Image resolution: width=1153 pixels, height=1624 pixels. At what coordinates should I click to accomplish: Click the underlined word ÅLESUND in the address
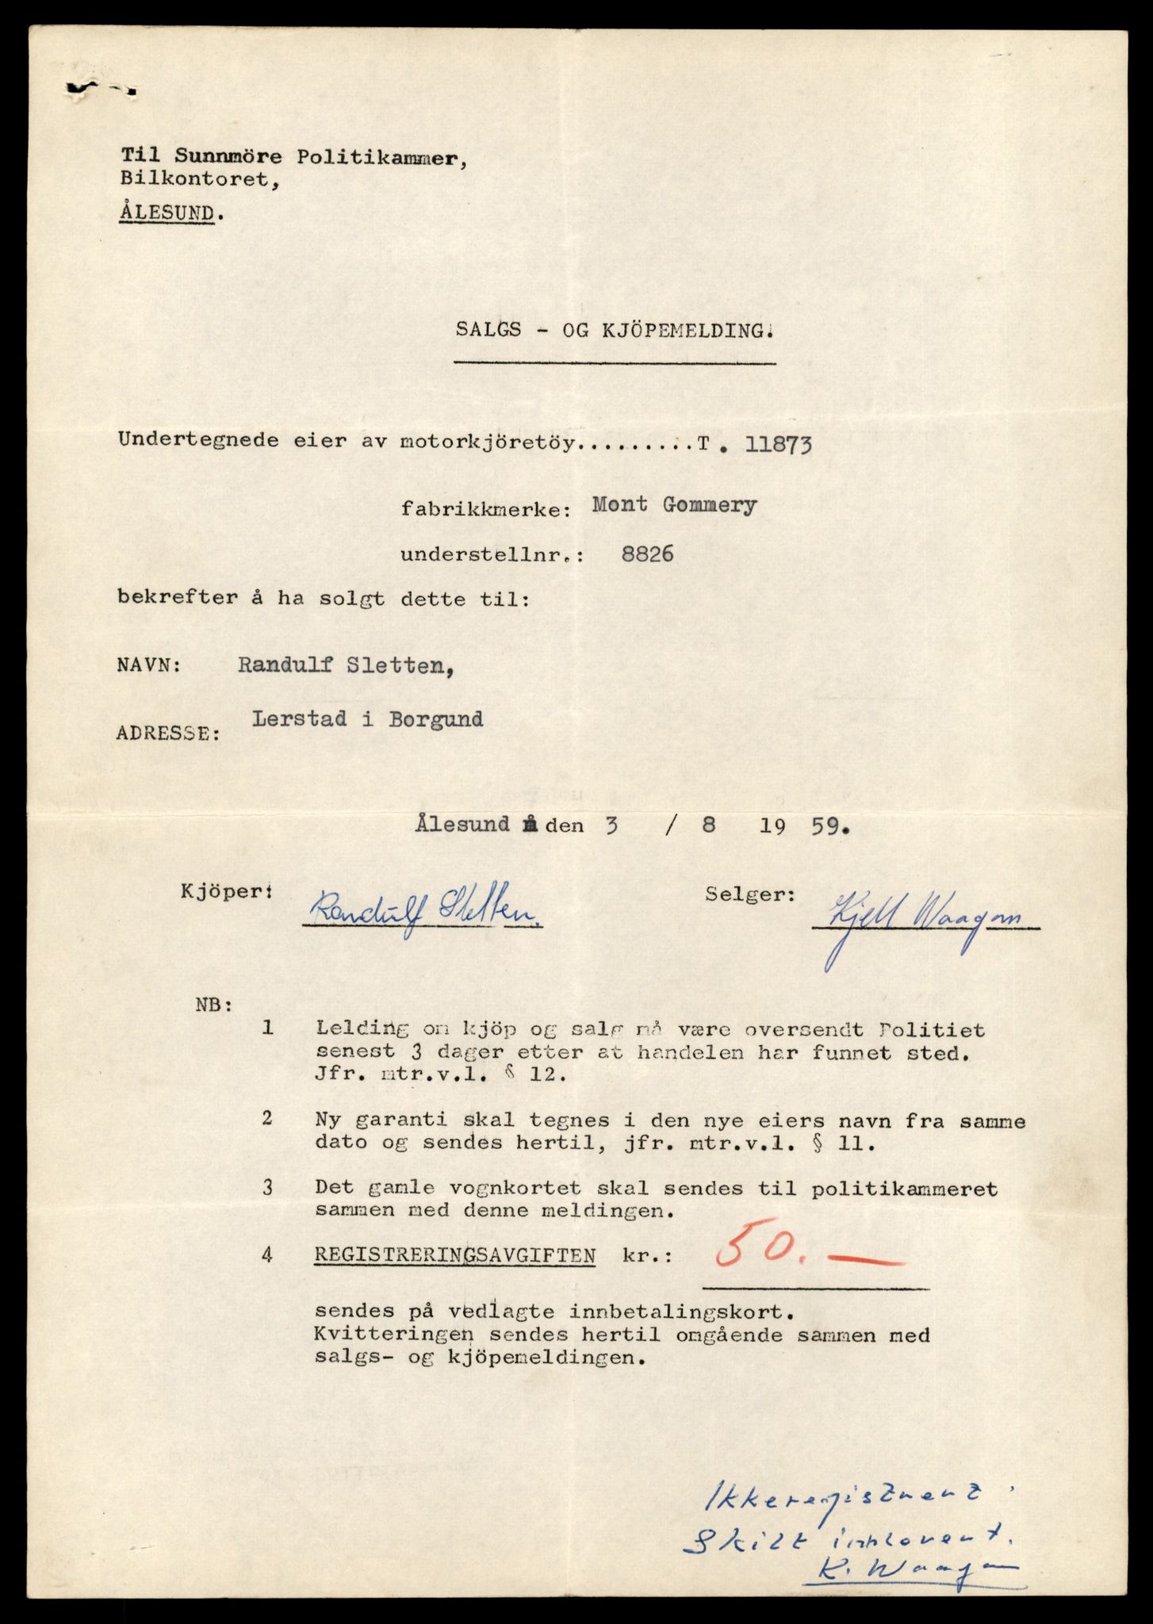(x=167, y=213)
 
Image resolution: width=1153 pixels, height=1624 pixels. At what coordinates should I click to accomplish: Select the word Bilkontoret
(x=198, y=181)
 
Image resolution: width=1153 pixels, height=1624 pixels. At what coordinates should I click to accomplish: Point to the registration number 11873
(x=779, y=445)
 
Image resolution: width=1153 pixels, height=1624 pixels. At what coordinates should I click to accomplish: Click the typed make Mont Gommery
(x=674, y=505)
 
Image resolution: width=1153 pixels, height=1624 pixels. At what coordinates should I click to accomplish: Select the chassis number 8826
(x=648, y=553)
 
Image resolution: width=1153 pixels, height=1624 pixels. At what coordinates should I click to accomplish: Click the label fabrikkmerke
(x=486, y=510)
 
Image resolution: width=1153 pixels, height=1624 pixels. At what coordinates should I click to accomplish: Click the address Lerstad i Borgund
(x=368, y=719)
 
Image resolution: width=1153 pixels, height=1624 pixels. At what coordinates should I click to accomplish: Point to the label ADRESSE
(x=169, y=733)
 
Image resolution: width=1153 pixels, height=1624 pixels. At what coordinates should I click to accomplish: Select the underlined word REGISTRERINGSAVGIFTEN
(x=454, y=1255)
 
